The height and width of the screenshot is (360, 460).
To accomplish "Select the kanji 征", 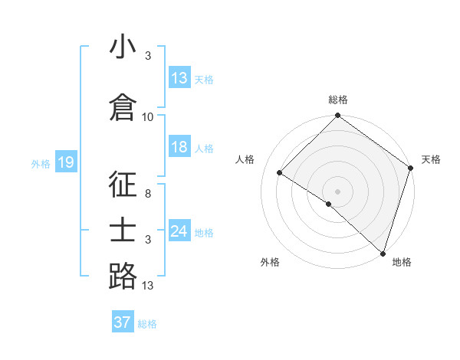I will pos(123,185).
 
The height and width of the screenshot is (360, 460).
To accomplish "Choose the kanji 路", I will pos(123,276).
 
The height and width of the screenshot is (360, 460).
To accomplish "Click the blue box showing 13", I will pos(179,78).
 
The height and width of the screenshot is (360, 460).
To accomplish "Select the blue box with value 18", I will pos(179,147).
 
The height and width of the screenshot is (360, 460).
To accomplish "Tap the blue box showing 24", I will pos(179,231).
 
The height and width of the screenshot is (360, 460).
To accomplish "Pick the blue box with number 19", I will pos(65,162).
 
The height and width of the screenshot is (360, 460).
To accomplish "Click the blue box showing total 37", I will pos(122,322).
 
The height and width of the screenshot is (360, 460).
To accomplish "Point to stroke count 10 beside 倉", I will pos(148,117).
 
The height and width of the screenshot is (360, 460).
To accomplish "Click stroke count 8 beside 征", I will pos(148,195).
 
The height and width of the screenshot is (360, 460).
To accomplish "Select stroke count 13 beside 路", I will pos(148,286).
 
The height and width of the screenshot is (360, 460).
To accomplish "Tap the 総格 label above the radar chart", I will pos(337,100).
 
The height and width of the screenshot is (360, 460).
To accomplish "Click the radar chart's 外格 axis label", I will pos(270,262).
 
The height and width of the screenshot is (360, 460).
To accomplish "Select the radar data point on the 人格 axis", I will pos(280,173).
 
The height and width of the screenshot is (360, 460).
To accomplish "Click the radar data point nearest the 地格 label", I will pos(383,253).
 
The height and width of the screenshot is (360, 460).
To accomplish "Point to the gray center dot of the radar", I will pos(337,191).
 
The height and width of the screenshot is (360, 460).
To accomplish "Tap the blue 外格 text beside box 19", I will pos(40,163).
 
